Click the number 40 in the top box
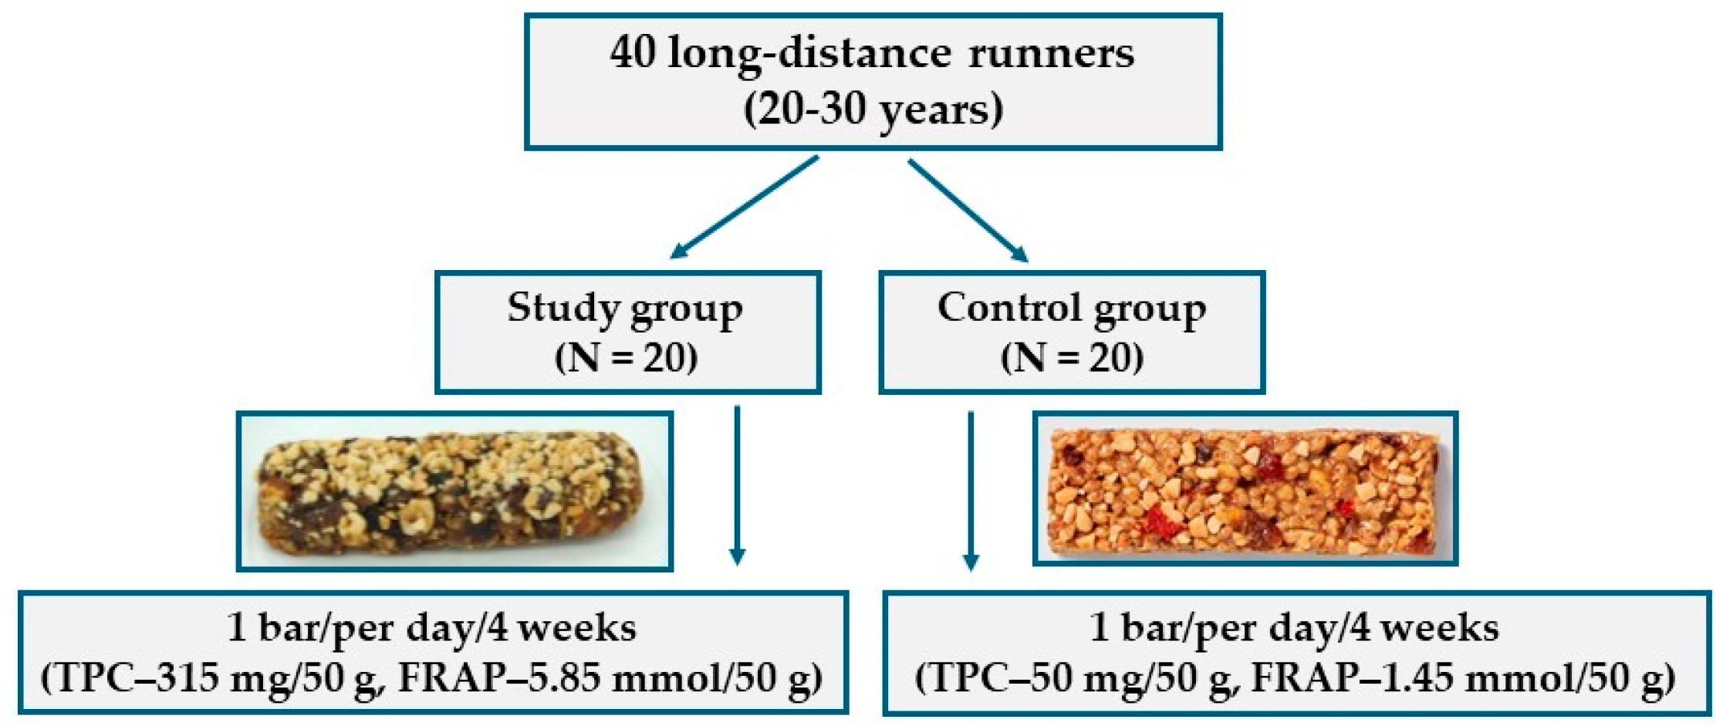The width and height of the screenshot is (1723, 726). coord(632,53)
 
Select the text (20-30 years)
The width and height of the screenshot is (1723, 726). coord(873,109)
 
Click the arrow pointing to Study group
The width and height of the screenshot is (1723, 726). coord(744,207)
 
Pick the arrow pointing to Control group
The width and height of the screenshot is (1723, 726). coord(968,210)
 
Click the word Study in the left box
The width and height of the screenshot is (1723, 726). coord(563,308)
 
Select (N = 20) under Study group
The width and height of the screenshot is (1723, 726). coord(626,357)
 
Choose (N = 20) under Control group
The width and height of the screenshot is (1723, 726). coord(1072,357)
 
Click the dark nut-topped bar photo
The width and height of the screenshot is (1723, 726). coord(454,491)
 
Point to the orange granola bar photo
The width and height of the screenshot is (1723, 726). coord(1245,489)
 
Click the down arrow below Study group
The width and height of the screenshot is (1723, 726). coord(737,486)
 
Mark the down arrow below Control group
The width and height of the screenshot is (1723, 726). coord(971,491)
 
